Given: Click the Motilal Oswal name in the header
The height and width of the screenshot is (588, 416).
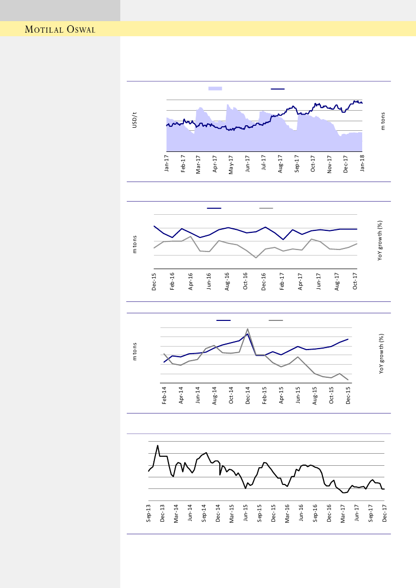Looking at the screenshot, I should tap(60, 30).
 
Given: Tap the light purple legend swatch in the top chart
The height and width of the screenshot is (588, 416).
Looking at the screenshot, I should tap(215, 89).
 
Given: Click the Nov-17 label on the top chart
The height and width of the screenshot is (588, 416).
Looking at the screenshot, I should tap(329, 163).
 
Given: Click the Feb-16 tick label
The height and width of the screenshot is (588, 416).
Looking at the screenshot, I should tap(173, 282).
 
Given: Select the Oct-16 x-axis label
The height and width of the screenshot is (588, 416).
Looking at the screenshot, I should tap(245, 282).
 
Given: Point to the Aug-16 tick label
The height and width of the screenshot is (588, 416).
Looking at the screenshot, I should tap(227, 282).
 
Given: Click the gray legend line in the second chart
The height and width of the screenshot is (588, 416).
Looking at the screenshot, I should tap(266, 208).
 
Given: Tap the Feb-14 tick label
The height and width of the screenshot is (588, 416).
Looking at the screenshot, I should tap(164, 396).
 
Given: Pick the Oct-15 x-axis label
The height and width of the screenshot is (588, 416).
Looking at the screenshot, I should tap(331, 396).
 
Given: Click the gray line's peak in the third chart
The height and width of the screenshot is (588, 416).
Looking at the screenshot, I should tap(247, 329).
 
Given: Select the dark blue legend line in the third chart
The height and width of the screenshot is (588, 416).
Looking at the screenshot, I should tap(223, 320).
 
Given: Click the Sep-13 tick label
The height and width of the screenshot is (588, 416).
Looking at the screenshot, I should tap(148, 514).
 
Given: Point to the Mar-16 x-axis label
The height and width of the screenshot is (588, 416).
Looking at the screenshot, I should tap(287, 514).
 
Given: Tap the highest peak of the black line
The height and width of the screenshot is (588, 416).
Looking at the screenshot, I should tap(158, 445).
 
